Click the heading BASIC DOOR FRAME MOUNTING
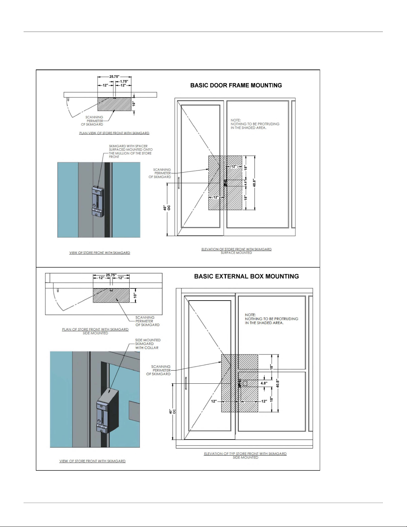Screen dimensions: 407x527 click(x=236, y=85)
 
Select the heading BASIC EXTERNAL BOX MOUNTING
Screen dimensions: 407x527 click(x=246, y=276)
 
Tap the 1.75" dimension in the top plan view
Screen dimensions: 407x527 click(x=124, y=81)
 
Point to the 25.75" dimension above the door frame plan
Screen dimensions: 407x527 click(x=114, y=76)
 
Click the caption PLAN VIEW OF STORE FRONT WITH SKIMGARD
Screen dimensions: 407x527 click(x=114, y=133)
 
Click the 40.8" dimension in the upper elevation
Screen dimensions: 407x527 click(x=254, y=183)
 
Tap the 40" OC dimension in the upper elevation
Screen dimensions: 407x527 click(x=166, y=208)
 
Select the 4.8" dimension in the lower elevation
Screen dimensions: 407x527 click(x=264, y=383)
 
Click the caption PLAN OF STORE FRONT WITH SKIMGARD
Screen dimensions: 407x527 click(x=95, y=329)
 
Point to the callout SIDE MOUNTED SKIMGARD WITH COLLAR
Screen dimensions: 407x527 click(x=148, y=344)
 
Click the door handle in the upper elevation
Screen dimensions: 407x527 click(x=179, y=183)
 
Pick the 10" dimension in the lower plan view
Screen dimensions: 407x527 click(x=135, y=295)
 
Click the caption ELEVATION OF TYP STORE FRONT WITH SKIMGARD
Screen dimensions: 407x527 click(x=245, y=454)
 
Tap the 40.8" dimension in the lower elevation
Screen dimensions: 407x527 click(x=277, y=383)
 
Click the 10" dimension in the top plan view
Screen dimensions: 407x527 click(x=134, y=104)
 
